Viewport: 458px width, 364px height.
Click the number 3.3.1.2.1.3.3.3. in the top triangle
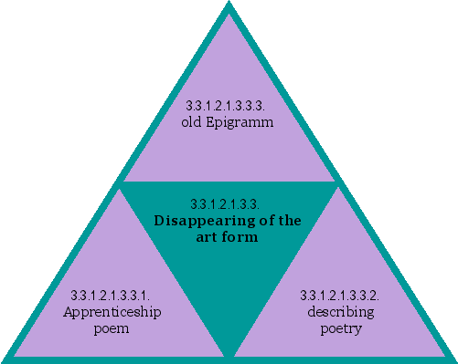click(x=229, y=104)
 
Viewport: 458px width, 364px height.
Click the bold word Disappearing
click(x=198, y=221)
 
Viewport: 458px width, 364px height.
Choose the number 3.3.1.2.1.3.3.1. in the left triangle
click(x=111, y=296)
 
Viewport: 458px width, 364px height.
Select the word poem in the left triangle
click(x=111, y=328)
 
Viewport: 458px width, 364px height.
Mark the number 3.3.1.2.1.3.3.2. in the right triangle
click(x=340, y=296)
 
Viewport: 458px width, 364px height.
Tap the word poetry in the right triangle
click(x=340, y=328)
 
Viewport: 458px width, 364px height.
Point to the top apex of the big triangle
click(x=229, y=4)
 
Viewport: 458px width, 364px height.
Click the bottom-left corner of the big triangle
click(x=5, y=358)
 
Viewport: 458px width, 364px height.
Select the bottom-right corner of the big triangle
click(x=453, y=358)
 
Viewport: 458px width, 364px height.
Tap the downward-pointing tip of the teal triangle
click(x=229, y=352)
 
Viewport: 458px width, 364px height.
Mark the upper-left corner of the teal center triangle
click(x=122, y=183)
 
